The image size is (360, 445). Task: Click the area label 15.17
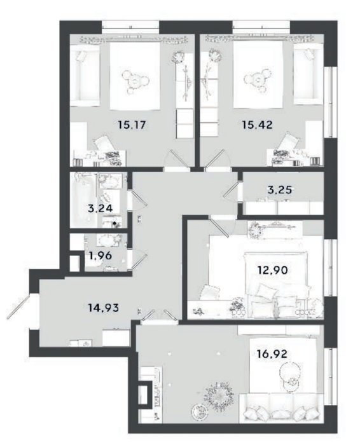pos(132,125)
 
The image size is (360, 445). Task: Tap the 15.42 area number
pos(257,125)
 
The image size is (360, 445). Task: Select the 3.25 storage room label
pos(280,189)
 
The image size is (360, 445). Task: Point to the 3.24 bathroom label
pos(100,209)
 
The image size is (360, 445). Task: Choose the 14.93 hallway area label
pos(103,308)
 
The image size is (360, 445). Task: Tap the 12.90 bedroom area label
pos(273,270)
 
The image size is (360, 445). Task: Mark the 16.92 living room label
pos(272,354)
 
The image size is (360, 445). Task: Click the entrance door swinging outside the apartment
pos(18,307)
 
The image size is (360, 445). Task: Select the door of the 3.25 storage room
pos(230,191)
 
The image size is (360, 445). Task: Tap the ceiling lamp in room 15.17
pos(135,80)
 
